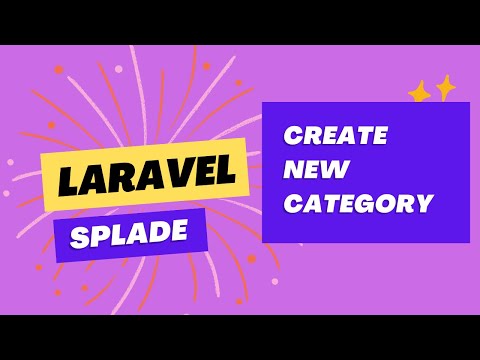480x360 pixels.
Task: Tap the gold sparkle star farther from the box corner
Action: click(444, 87)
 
